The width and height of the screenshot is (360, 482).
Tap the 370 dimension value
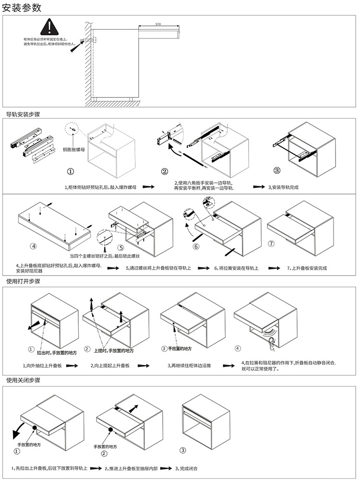coord(158,24)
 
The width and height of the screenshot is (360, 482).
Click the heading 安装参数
coord(22,7)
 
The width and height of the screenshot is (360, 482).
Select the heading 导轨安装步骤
coord(23,115)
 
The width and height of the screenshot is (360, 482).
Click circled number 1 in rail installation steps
coord(71,171)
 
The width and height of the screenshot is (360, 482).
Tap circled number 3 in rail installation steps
coord(277,171)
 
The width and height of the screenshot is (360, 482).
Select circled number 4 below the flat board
coord(33,246)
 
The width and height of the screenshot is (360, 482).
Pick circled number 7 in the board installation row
coord(271,244)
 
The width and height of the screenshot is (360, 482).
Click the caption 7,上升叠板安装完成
coord(307,268)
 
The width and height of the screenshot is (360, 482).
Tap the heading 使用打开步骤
coord(23,281)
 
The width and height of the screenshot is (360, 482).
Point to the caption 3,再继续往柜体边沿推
coord(189,366)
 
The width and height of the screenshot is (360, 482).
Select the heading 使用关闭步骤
coord(23,380)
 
